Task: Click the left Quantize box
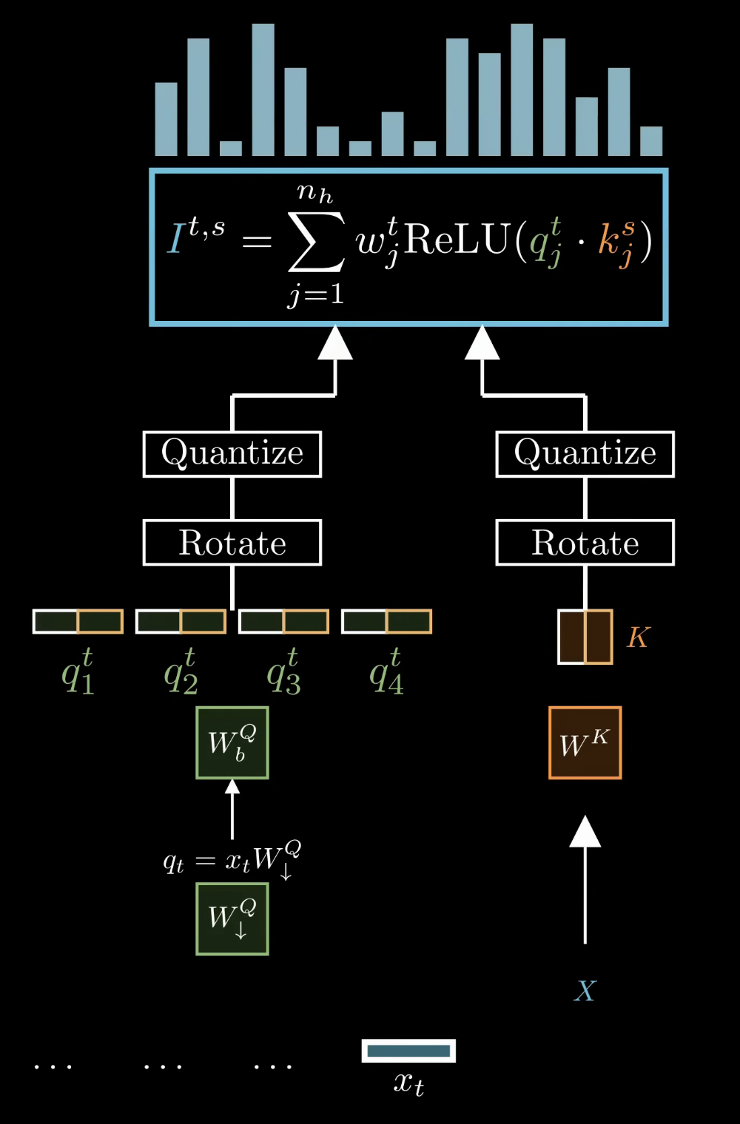coord(232,454)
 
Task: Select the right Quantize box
coord(585,454)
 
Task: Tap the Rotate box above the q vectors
coord(232,543)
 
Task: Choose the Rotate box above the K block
coord(585,543)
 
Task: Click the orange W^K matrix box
coord(585,742)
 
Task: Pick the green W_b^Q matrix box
coord(232,742)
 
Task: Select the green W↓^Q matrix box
coord(232,919)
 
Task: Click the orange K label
coord(638,637)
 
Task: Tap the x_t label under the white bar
coord(408,1083)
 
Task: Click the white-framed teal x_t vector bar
coord(408,1051)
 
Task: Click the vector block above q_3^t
coord(283,621)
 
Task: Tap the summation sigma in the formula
coord(316,242)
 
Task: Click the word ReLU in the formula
coord(457,240)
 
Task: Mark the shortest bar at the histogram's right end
coord(651,141)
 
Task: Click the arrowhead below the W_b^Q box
coord(232,788)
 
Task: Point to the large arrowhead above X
coord(585,832)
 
